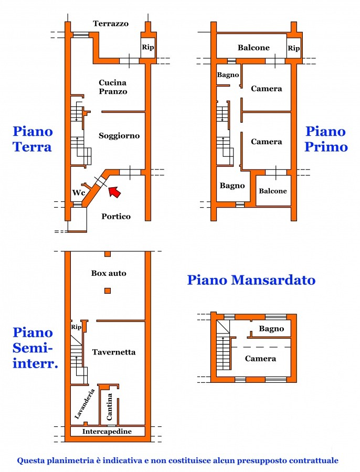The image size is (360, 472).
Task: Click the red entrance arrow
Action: tap(114, 191)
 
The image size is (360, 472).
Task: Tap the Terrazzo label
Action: tap(111, 24)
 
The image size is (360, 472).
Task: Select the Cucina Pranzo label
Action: tap(113, 87)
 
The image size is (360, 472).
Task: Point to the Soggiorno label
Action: tap(119, 136)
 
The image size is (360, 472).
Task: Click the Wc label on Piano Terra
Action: tap(78, 192)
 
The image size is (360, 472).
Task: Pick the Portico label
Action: tap(116, 216)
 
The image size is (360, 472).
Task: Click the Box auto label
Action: tap(109, 273)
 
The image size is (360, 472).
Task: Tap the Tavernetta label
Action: tap(114, 352)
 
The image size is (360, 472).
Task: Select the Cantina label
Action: tap(110, 406)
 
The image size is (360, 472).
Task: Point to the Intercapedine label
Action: tap(107, 432)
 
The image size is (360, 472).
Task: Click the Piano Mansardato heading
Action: tap(251, 280)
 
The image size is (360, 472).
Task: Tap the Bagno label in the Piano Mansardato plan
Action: tap(271, 329)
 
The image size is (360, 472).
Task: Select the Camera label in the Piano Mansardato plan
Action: tap(261, 359)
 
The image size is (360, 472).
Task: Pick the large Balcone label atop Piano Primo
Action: tap(253, 48)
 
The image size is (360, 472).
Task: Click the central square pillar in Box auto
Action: tap(108, 291)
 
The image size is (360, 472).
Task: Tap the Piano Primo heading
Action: tap(326, 138)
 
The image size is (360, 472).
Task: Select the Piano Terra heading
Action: tap(33, 138)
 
